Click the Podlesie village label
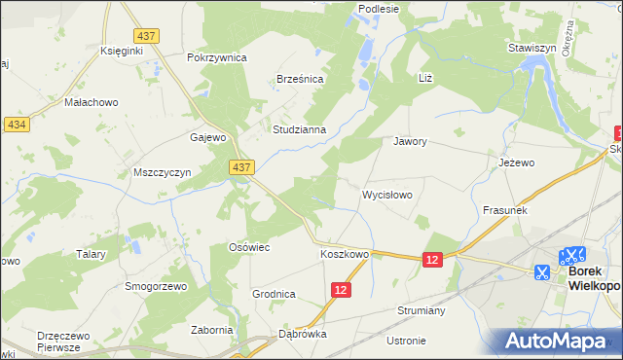pos(380,9)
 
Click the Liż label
pos(424,77)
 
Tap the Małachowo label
pos(91,101)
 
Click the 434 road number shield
pos(16,125)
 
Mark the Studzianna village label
pos(305,128)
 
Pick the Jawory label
pos(410,141)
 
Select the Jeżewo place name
pos(516,162)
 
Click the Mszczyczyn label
pos(162,172)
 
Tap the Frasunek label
pos(504,210)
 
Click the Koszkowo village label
pos(345,255)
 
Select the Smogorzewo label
pos(155,287)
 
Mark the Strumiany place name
pos(421,310)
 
